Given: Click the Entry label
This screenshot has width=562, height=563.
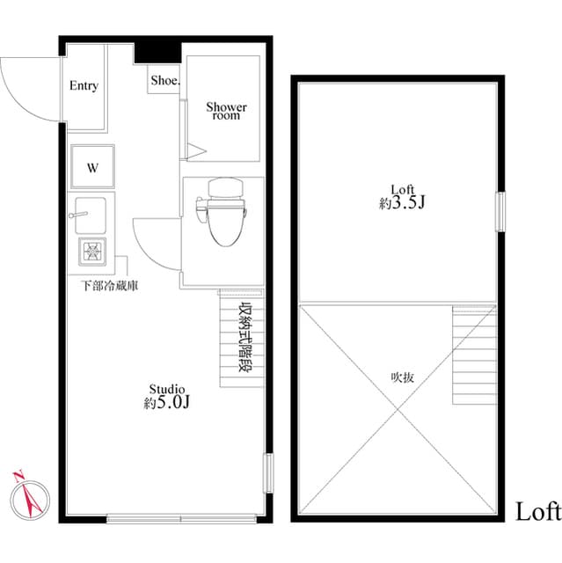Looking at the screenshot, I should [84, 86].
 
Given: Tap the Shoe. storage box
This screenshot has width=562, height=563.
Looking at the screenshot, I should [164, 80].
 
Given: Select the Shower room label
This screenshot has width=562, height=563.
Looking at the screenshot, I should [226, 111].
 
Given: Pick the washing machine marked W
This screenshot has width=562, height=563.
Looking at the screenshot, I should [91, 167].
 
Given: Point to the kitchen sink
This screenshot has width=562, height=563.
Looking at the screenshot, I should [91, 216].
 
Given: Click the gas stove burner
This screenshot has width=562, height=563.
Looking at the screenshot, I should [91, 252].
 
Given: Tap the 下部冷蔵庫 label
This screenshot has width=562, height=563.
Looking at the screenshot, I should [108, 285].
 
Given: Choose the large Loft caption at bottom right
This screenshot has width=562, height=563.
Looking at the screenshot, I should [537, 511].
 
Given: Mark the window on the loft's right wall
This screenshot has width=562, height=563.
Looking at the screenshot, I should [500, 211].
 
